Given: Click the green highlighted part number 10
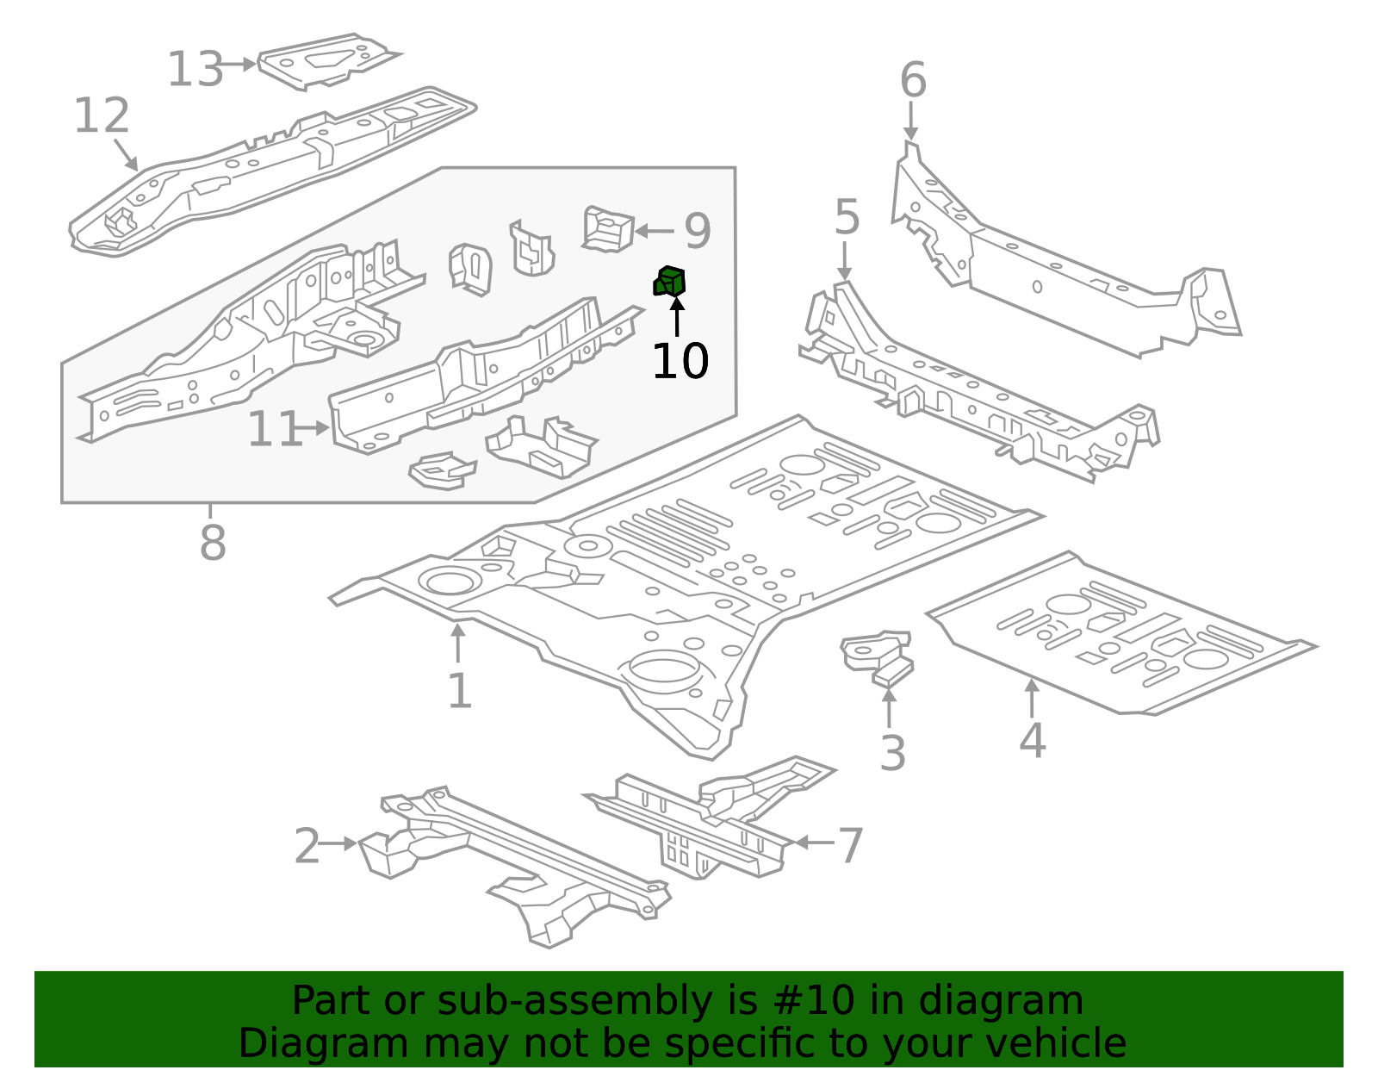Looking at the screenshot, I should [670, 282].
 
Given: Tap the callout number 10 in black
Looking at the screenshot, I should [680, 361].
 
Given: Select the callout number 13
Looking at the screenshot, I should [195, 69].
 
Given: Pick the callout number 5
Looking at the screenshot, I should [847, 217].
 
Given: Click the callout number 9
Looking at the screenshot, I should [698, 231].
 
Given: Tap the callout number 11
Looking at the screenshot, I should [274, 429].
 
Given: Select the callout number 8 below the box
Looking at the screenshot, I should [212, 543].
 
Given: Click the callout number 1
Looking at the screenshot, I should [459, 691].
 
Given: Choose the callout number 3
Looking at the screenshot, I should [892, 753].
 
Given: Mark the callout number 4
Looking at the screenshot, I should [1032, 741].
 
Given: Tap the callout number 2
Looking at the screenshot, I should [307, 846].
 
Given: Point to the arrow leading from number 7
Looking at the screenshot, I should [813, 843].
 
